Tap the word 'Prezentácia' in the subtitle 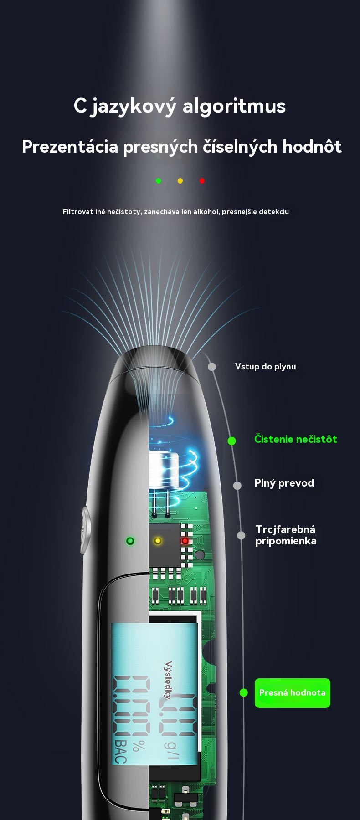pos(70,147)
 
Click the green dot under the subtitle pos(159,181)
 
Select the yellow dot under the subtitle pos(180,181)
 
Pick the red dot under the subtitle pos(202,181)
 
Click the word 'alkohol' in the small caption pos(206,211)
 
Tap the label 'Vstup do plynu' pos(266,367)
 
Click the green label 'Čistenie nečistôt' pos(296,439)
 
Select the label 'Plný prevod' pos(284,483)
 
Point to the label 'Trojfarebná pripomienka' pos(286,535)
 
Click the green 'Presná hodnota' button pos(292,693)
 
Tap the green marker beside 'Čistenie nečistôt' pos(231,441)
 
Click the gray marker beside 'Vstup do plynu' pos(212,367)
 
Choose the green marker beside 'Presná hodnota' pos(244,693)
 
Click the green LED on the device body pos(130,541)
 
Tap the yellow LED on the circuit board pos(158,541)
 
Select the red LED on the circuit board pos(185,541)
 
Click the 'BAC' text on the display pos(120,752)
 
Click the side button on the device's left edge pos(85,530)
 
